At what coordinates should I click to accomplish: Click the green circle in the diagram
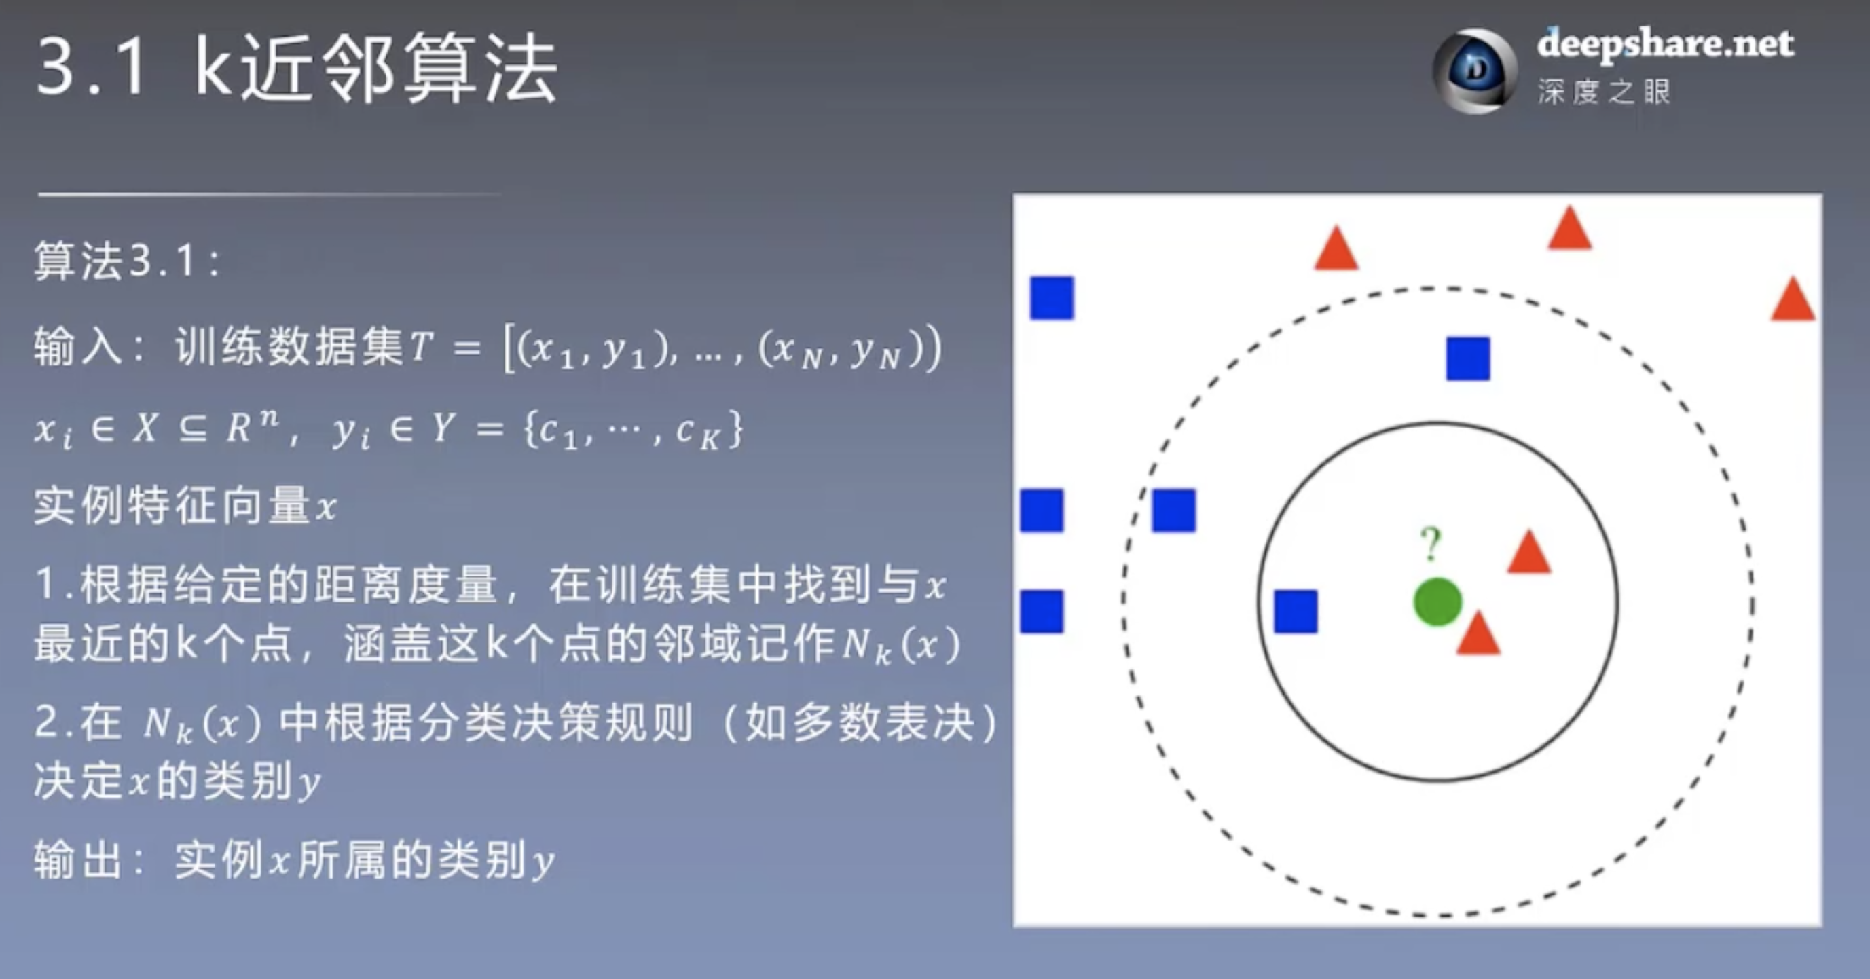click(x=1437, y=602)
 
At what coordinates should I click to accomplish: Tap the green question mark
click(x=1430, y=544)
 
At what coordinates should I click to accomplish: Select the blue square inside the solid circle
click(x=1296, y=611)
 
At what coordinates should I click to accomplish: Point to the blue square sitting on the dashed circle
click(x=1174, y=510)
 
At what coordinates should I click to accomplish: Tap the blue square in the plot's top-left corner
click(x=1052, y=297)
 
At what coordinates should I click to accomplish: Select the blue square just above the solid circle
click(x=1468, y=358)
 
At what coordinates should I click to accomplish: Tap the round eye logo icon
click(x=1474, y=71)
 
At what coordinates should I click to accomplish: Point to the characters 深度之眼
click(x=1604, y=92)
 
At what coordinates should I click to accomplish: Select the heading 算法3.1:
click(x=128, y=261)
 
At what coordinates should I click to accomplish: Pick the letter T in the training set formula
click(x=422, y=348)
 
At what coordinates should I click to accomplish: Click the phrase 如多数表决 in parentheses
click(x=860, y=724)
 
